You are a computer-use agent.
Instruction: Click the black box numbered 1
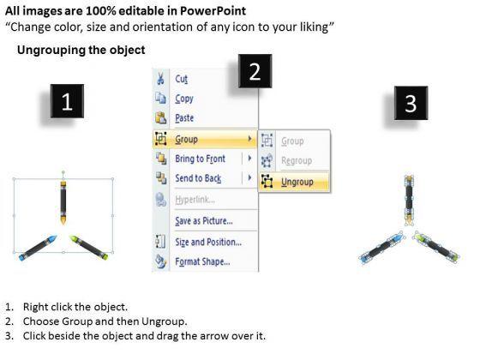67,101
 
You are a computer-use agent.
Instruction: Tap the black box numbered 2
255,71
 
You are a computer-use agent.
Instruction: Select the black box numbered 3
411,103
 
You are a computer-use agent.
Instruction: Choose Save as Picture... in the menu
205,221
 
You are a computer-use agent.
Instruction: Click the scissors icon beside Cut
160,79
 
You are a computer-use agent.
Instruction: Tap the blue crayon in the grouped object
38,248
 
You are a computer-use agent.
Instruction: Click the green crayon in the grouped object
89,248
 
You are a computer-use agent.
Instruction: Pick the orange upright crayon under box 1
63,202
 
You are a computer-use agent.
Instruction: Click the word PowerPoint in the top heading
213,11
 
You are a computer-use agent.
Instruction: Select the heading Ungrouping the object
81,50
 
